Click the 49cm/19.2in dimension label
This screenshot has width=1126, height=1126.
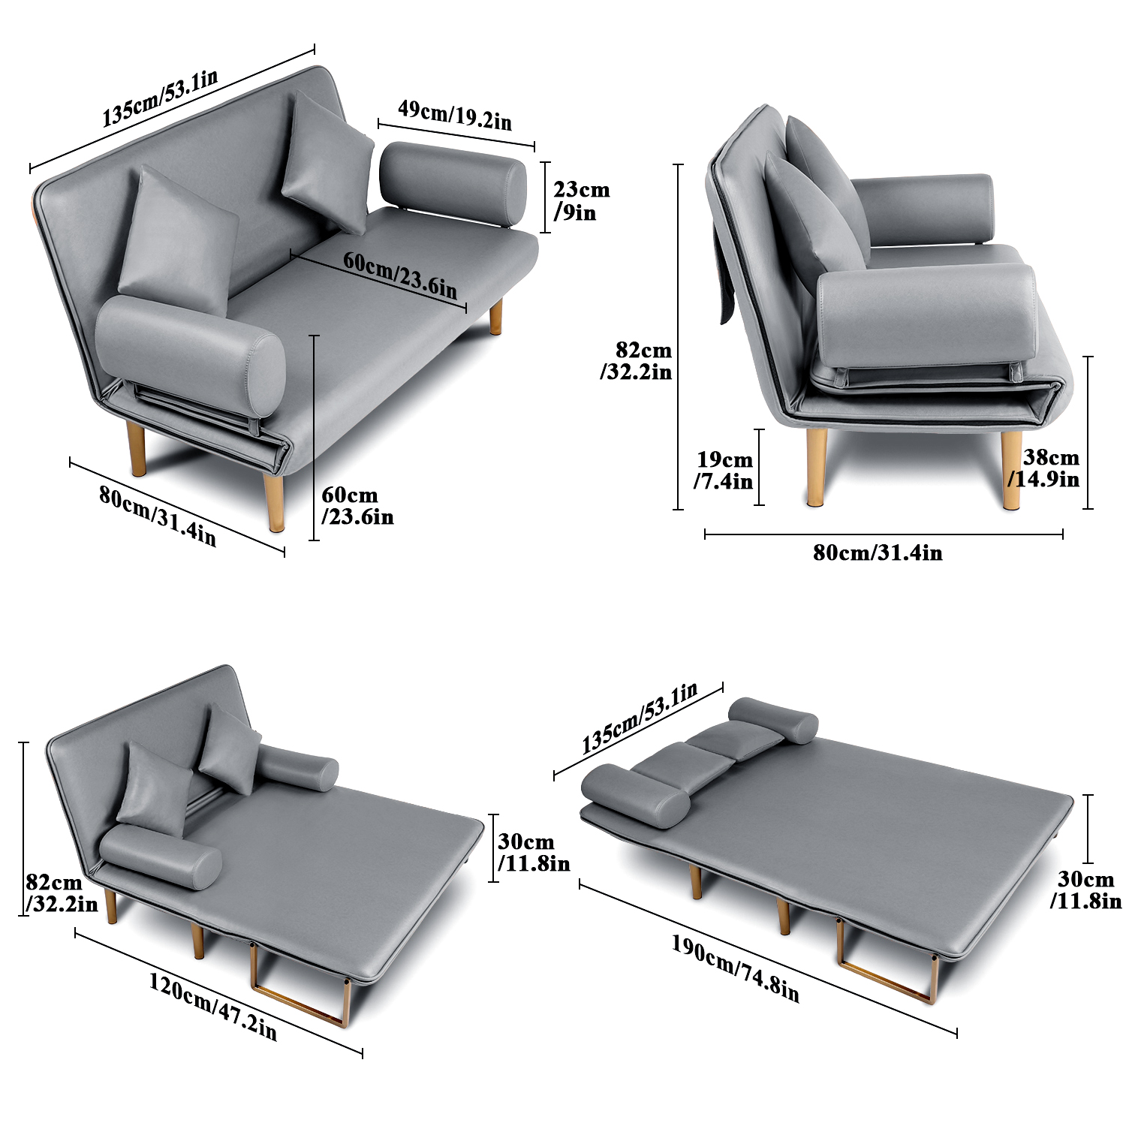tap(455, 115)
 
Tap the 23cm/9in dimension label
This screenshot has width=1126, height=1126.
tap(581, 201)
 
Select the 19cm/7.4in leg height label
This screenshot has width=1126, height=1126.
tap(724, 470)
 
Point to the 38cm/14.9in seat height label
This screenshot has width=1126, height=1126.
tap(1044, 468)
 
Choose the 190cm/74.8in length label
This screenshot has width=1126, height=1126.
tap(735, 969)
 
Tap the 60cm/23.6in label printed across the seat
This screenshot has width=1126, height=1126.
tap(400, 274)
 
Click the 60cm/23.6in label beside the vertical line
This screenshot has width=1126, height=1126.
tap(357, 506)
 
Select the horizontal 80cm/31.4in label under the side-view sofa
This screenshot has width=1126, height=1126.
tap(878, 552)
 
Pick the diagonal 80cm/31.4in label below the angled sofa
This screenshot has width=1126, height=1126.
tap(158, 516)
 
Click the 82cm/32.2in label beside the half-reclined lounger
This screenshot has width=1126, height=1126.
tap(62, 893)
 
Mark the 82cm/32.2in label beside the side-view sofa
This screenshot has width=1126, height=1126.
tap(636, 361)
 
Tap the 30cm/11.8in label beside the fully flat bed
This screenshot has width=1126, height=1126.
tap(1085, 890)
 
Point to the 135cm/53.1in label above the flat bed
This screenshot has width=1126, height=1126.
tap(640, 718)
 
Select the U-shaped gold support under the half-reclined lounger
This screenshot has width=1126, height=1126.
tap(300, 985)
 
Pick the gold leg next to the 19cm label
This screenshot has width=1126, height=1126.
tap(817, 467)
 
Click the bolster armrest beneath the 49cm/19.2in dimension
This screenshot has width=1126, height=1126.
tap(453, 182)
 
